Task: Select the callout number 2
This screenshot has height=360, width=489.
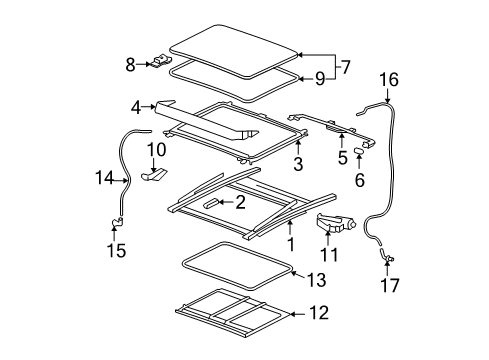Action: (240, 203)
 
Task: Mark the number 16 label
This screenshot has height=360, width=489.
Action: (388, 77)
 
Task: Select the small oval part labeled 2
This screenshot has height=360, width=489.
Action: (213, 203)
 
